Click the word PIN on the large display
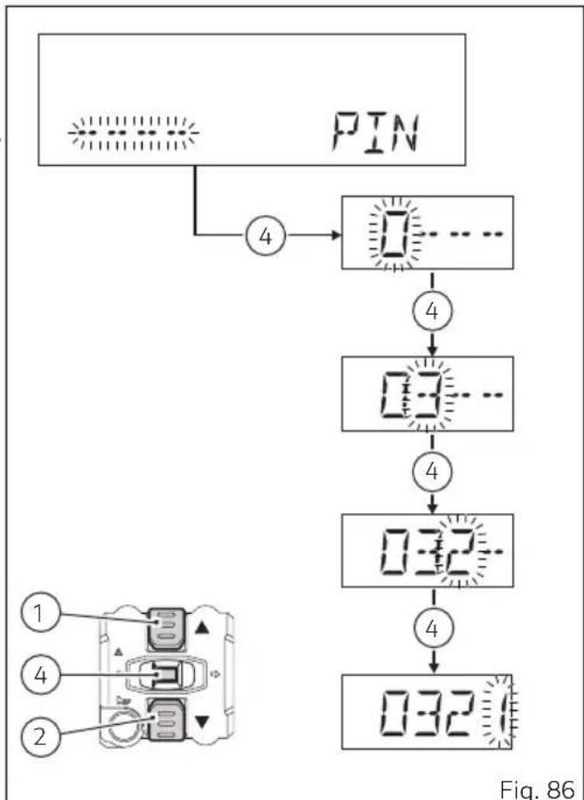tap(376, 133)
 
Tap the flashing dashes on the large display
tap(134, 133)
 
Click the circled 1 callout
tap(41, 612)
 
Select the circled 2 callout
tap(41, 736)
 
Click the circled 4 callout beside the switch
tap(41, 675)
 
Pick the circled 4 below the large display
tap(266, 235)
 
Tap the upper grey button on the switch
tap(166, 628)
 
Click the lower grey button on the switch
tap(166, 720)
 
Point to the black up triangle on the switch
tap(202, 628)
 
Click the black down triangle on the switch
tap(203, 722)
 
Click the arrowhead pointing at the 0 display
tap(336, 235)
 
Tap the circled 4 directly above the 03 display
tap(432, 311)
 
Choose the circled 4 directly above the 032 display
tap(432, 471)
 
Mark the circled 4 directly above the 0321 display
tap(432, 629)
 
